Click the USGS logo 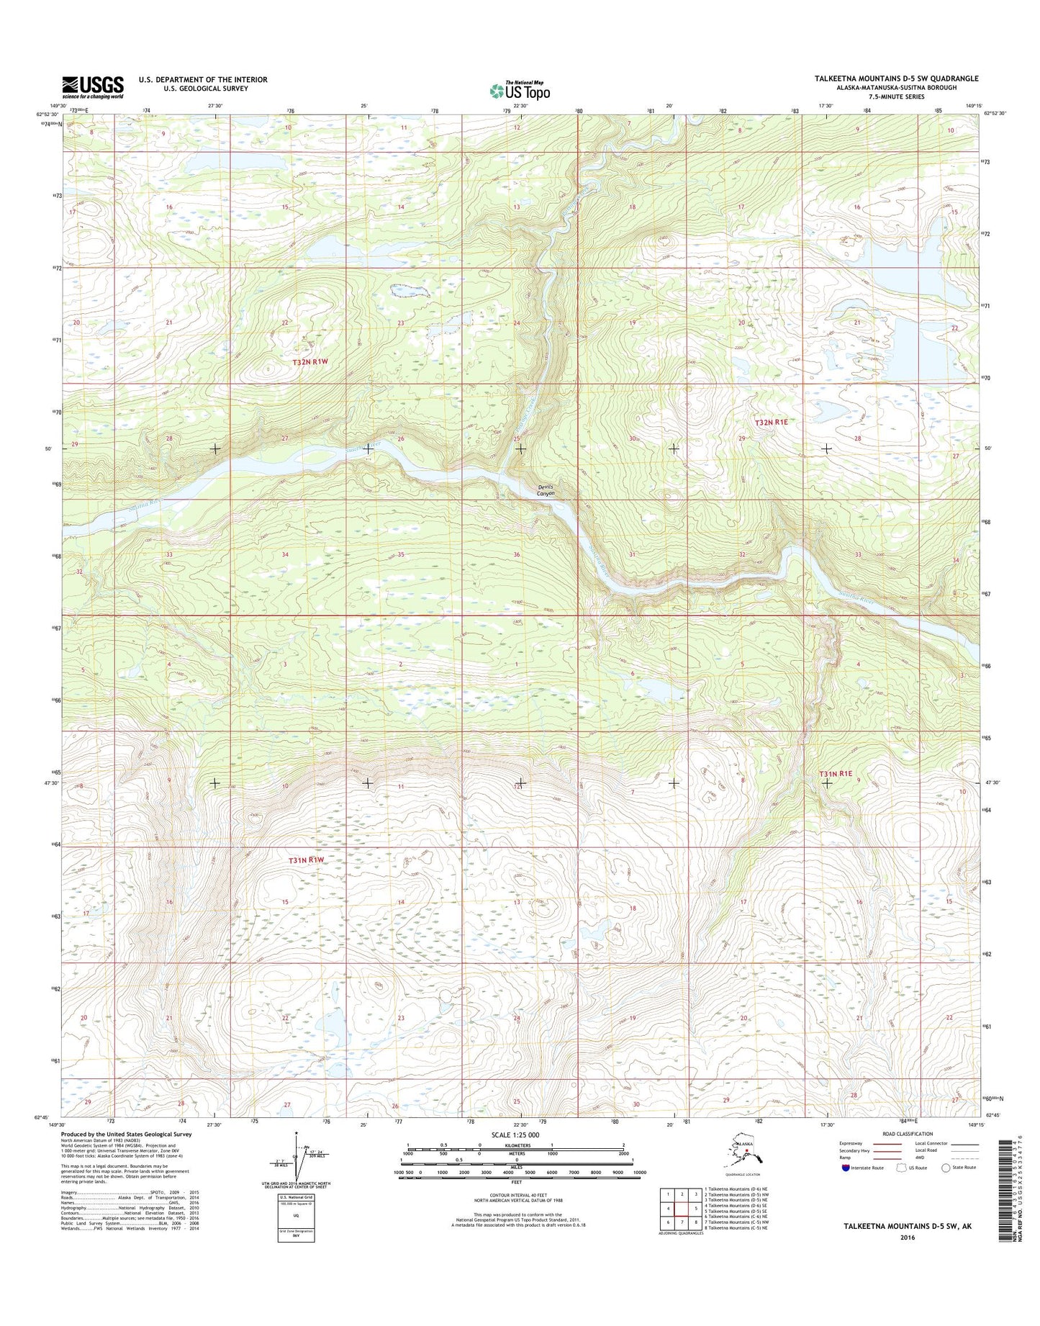click(x=92, y=87)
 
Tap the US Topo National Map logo click(x=520, y=90)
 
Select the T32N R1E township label click(x=772, y=423)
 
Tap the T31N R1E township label click(x=836, y=774)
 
